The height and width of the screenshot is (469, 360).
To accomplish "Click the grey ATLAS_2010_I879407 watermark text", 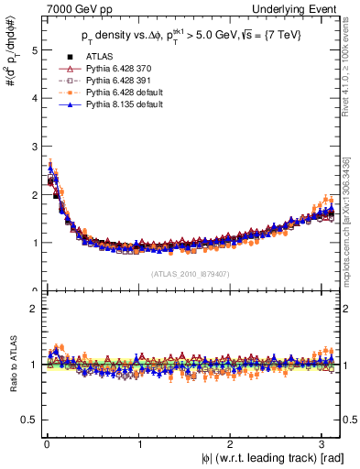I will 190,274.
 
